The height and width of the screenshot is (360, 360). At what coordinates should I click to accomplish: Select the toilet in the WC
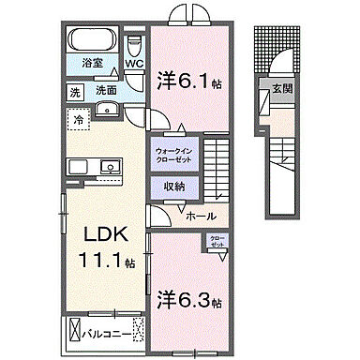(133, 46)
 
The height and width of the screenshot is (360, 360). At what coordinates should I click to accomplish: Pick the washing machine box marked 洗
(74, 92)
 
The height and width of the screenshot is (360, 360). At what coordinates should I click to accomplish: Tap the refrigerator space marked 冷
(79, 120)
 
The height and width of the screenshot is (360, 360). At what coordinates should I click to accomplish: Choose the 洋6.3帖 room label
(188, 302)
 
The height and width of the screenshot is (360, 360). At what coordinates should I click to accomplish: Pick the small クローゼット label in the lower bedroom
(217, 241)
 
